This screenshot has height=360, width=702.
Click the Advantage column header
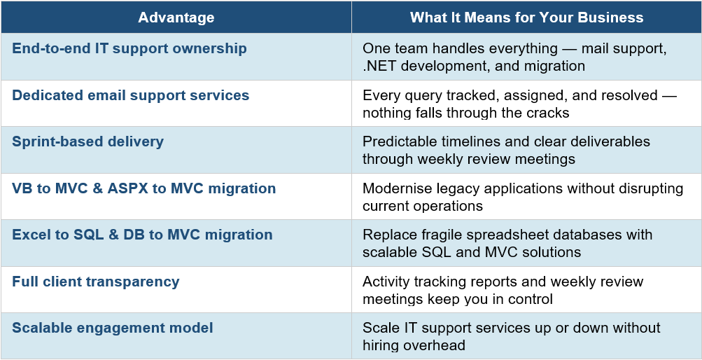pos(176,18)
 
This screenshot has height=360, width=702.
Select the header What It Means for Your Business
pos(526,18)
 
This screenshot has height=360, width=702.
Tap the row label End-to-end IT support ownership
pos(129,49)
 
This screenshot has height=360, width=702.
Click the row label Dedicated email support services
pos(131,95)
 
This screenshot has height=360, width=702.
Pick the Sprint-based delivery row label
pos(87,141)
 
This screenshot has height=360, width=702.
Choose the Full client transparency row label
pos(96,282)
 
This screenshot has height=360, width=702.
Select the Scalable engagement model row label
pos(113,328)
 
